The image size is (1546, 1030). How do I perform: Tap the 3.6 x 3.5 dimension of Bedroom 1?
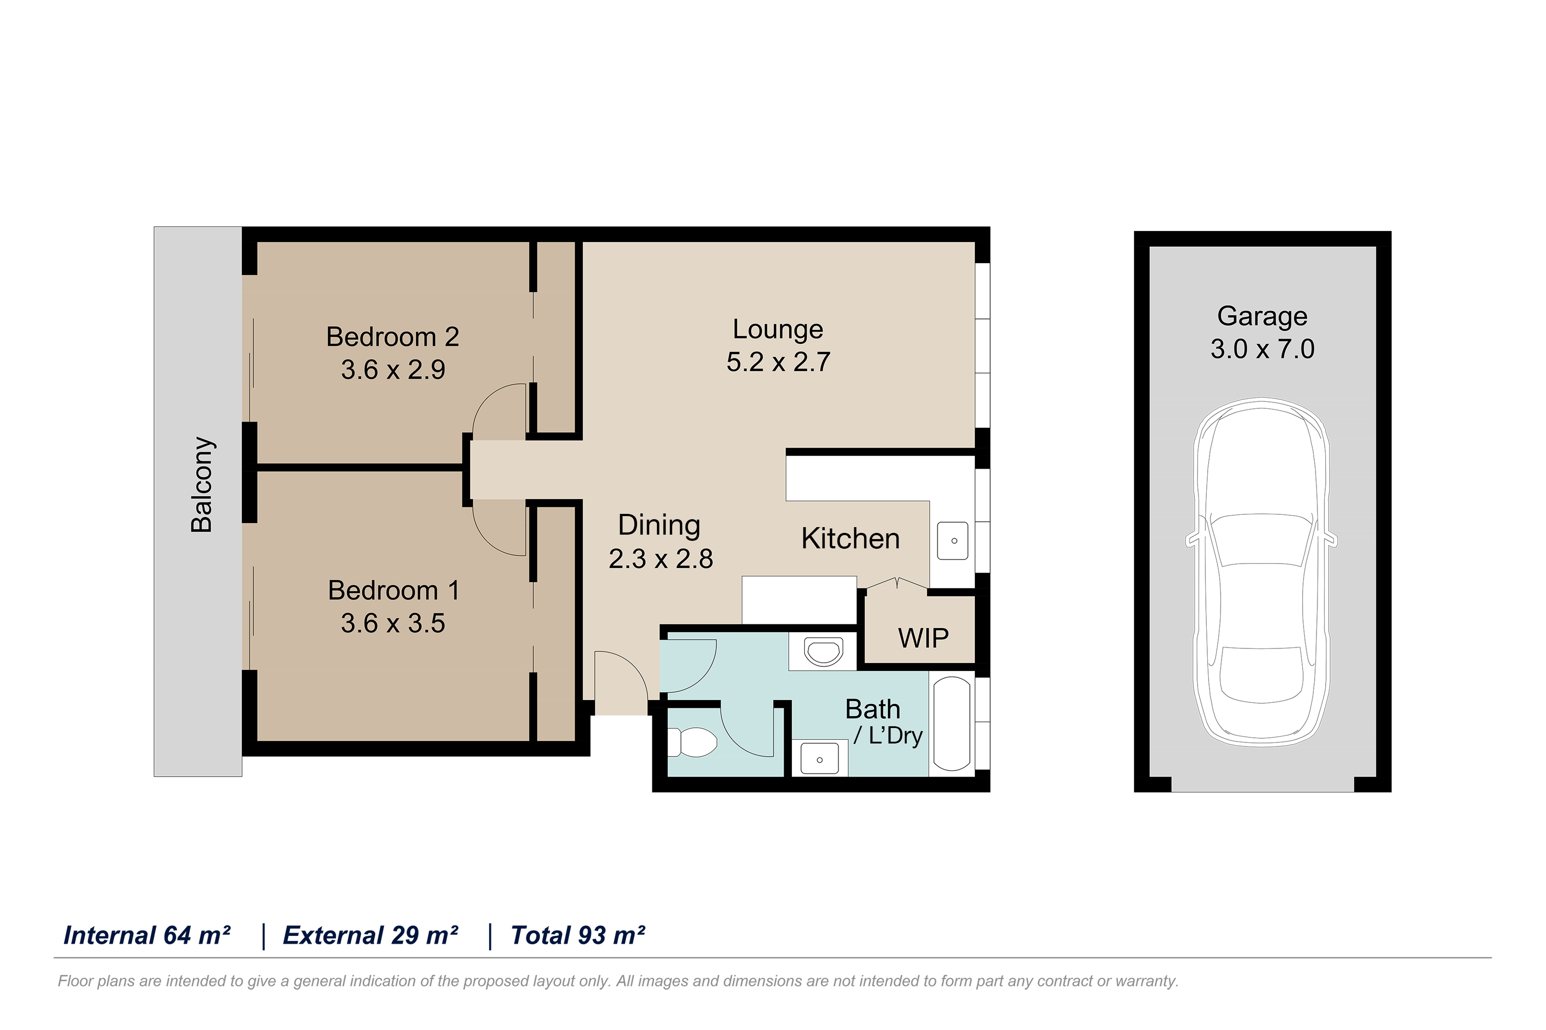(393, 623)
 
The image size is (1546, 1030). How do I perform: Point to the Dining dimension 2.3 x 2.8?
(660, 559)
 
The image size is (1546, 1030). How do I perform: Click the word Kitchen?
(850, 539)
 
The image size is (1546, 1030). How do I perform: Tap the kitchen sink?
(953, 541)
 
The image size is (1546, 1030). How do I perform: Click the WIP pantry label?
(923, 638)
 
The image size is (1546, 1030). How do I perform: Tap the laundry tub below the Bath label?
(819, 759)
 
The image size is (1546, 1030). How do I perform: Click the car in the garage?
(1262, 572)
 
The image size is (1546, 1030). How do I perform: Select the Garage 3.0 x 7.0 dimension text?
(1262, 349)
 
